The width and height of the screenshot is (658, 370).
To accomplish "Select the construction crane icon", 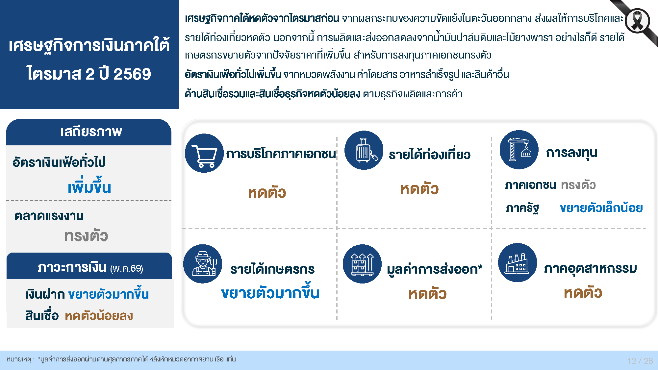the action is coord(519,150).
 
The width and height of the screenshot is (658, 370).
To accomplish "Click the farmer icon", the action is coord(203,264).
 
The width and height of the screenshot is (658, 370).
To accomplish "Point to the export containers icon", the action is coord(362,264).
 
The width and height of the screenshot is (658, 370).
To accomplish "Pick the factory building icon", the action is coord(518,263).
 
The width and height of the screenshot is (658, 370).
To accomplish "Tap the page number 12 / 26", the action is coord(640,361).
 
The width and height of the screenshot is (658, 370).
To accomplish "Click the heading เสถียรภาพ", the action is coord(91,132).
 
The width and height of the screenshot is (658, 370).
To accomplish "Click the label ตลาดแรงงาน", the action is coord(49,216).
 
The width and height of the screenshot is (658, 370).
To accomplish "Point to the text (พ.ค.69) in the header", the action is coord(127,268).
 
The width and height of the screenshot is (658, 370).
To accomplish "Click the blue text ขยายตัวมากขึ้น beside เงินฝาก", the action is coord(109,293).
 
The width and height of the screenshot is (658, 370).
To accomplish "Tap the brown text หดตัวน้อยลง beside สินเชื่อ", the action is coord(99,316).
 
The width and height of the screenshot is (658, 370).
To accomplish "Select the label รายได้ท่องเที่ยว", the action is coord(430,154).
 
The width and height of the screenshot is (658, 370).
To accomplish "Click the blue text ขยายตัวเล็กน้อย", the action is coord(601,208).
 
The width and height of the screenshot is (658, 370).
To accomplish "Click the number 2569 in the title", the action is coord(132,74).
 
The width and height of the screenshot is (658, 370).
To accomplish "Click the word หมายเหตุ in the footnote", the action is coord(19,359).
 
